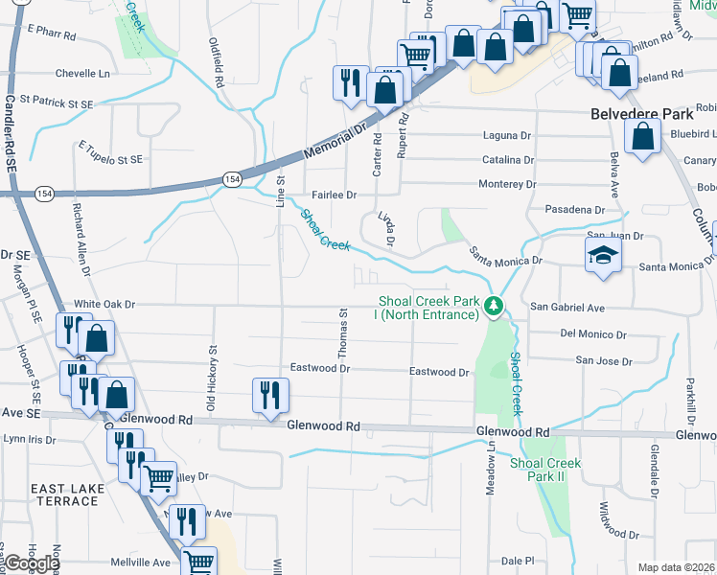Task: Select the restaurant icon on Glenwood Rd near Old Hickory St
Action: tap(269, 395)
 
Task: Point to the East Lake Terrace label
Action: tap(67, 494)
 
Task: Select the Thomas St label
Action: tap(342, 333)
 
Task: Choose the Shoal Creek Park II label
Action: tap(545, 470)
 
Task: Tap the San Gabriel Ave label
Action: tap(568, 308)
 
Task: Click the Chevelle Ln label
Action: tap(82, 73)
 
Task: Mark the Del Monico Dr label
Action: tap(592, 334)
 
